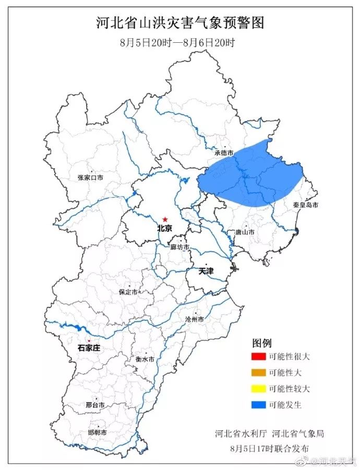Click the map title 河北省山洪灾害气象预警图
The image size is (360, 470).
(x=180, y=23)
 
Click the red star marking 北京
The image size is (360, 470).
(x=165, y=220)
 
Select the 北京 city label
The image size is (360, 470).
(x=165, y=228)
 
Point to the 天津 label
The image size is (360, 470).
(x=206, y=272)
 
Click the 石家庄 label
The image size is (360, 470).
(x=89, y=348)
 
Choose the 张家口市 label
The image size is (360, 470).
(x=90, y=178)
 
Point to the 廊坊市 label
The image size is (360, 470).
(x=180, y=247)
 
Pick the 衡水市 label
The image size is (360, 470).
(x=145, y=359)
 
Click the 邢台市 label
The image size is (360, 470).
(x=95, y=405)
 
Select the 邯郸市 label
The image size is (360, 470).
(x=97, y=433)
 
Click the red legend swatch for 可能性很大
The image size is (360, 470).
(x=258, y=357)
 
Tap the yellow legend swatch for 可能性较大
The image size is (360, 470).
(x=258, y=389)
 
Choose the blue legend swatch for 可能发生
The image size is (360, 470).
(x=258, y=404)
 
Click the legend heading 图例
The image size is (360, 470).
(x=262, y=343)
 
